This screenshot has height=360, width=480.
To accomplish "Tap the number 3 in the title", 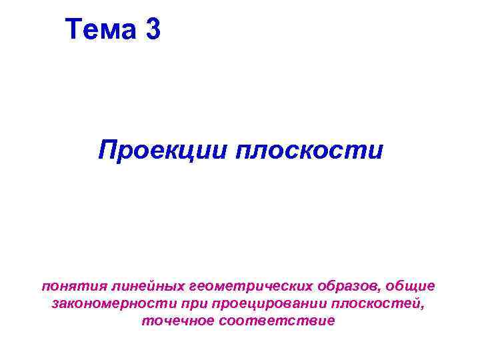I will (151, 29).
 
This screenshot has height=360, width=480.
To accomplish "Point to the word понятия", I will (67, 286).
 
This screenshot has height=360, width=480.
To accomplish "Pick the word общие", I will (413, 286).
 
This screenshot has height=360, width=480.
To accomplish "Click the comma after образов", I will (382, 290).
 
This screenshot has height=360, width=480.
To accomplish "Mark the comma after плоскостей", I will (423, 308).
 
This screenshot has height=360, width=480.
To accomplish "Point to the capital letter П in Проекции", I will (107, 149).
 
